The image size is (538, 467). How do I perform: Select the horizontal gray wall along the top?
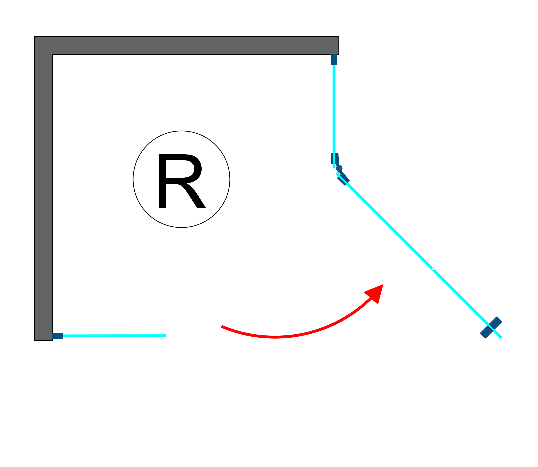click(x=187, y=45)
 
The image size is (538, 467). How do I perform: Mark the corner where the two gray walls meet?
click(x=43, y=45)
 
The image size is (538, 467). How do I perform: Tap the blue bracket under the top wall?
click(x=334, y=59)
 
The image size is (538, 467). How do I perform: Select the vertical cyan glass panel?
click(x=334, y=109)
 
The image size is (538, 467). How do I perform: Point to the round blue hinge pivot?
click(x=339, y=168)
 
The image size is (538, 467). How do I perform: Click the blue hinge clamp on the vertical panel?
click(x=335, y=158)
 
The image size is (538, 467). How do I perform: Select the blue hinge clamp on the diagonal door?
click(x=344, y=180)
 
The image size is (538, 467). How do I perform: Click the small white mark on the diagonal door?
click(x=433, y=269)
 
